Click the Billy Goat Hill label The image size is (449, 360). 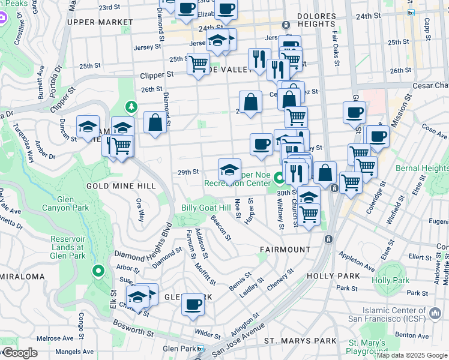(206, 208)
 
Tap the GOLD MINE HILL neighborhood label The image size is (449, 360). (121, 187)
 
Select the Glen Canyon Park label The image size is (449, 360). (73, 203)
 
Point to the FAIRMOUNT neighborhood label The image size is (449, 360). (285, 249)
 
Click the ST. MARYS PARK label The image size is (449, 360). (301, 341)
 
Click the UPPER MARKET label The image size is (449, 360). (100, 22)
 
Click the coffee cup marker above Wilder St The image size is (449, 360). (193, 304)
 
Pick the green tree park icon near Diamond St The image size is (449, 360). (132, 107)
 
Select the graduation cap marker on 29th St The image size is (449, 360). (229, 169)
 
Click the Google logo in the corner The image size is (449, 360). (19, 353)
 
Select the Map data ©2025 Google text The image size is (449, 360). (412, 355)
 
